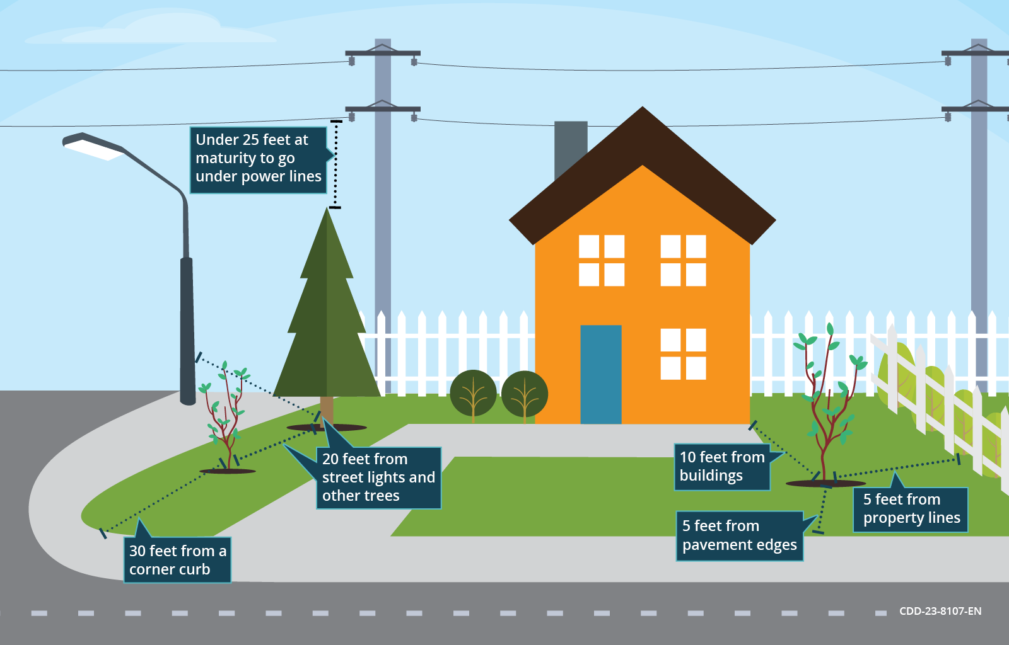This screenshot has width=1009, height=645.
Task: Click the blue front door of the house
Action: point(600,374)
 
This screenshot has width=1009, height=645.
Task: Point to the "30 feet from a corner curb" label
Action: point(177,560)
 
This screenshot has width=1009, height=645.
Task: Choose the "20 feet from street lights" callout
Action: point(378,477)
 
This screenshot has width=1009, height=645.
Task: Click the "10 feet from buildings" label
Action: point(722,467)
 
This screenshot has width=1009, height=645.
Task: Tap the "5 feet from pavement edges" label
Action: point(739,535)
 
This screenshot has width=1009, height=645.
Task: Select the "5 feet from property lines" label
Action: point(911,509)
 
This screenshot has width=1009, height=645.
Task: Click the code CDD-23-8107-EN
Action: point(940,611)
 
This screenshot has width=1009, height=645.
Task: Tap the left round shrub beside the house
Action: point(473,394)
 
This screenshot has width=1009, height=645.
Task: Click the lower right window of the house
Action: point(683,354)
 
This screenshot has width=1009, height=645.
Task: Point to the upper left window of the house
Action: point(602,260)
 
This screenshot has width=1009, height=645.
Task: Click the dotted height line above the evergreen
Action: point(335,164)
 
